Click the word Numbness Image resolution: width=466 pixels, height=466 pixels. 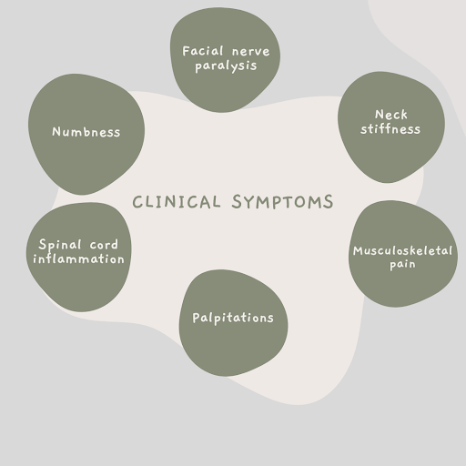86,131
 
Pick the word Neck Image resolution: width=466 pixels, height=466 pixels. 391,115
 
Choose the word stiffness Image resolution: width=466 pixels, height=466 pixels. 391,129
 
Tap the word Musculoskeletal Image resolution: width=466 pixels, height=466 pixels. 402,249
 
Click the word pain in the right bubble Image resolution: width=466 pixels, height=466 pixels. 401,264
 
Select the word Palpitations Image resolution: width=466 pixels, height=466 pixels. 232,318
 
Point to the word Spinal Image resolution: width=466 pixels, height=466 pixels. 61,245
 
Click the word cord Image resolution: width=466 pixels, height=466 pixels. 105,245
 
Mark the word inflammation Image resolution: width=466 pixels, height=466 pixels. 78,258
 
